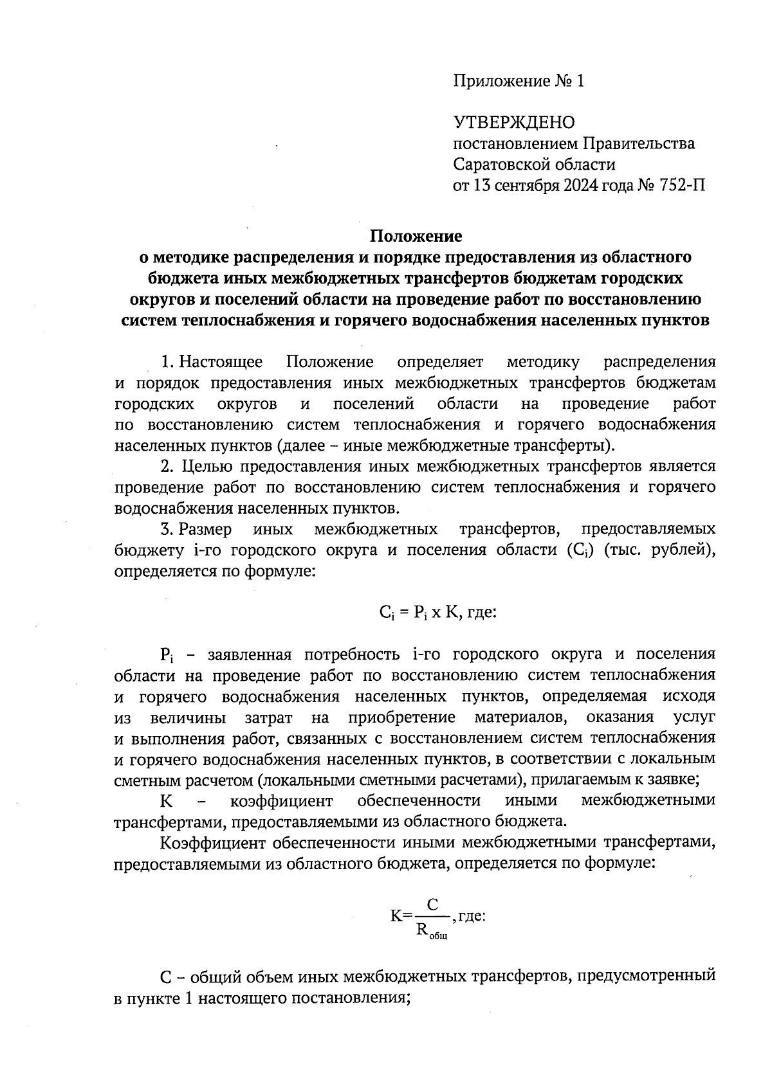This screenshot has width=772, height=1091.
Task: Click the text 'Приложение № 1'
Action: coord(518,81)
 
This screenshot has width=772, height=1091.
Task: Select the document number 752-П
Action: coord(681,186)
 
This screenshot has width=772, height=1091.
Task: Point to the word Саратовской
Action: coord(501,165)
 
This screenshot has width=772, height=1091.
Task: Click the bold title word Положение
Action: coord(415,236)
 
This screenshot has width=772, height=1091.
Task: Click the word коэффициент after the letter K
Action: coord(281,801)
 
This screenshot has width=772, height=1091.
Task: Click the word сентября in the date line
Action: coord(525,186)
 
